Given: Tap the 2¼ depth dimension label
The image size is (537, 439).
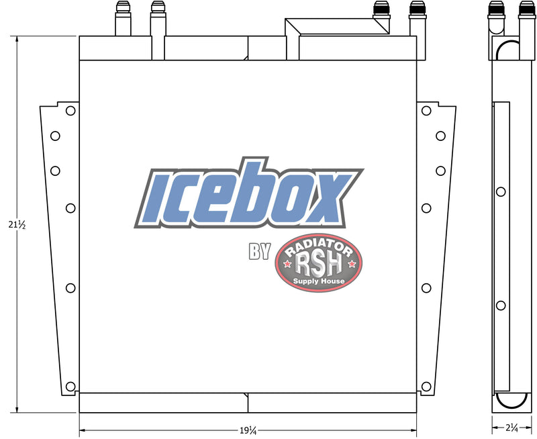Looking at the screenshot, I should pyautogui.click(x=512, y=426).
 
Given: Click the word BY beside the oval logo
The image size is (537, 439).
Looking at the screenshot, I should pyautogui.click(x=259, y=252).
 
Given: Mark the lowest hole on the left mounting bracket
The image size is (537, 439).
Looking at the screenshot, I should pyautogui.click(x=70, y=386).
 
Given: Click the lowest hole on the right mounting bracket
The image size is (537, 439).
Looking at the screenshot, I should pyautogui.click(x=426, y=386).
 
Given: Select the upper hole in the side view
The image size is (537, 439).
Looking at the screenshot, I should pyautogui.click(x=500, y=192).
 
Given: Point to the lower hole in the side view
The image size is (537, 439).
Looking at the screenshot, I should pyautogui.click(x=500, y=306).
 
